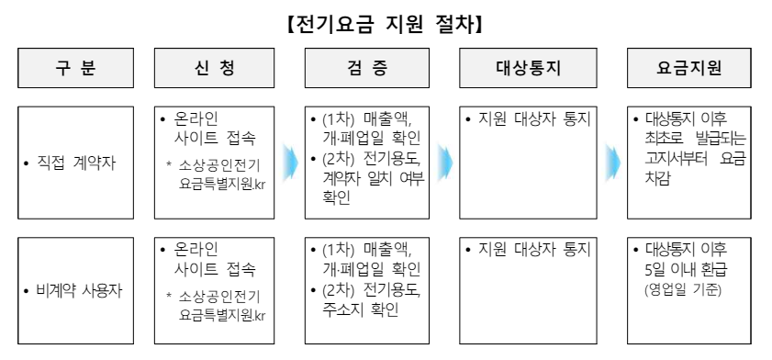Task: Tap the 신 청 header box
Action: click(215, 68)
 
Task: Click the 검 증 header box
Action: click(367, 68)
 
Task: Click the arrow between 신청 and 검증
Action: click(289, 163)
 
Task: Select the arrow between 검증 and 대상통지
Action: click(445, 163)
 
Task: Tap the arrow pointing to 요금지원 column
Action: click(612, 163)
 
